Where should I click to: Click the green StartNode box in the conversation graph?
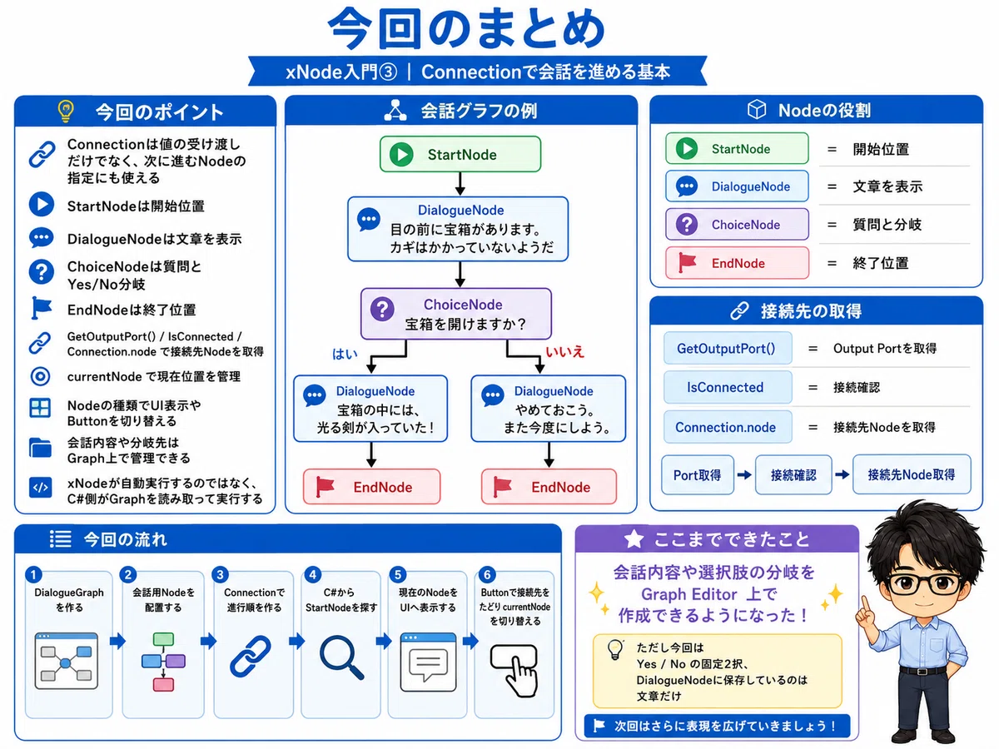point(460,154)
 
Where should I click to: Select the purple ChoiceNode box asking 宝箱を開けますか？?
point(456,314)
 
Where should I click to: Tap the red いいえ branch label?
point(564,351)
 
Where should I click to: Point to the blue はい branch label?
point(345,355)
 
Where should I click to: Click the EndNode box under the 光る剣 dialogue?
point(372,487)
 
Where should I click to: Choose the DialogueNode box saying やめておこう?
point(549,409)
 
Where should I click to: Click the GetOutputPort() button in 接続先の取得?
point(728,349)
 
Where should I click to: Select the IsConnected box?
point(728,388)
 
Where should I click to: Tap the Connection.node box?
point(728,427)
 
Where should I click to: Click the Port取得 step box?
point(698,474)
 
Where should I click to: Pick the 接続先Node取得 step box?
point(912,474)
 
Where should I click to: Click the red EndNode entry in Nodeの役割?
point(737,263)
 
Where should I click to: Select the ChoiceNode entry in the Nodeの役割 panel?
point(737,224)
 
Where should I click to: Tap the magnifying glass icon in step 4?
point(341,657)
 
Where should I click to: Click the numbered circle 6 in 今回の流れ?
point(487,574)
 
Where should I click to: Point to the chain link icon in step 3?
point(251,657)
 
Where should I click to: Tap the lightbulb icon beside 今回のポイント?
point(66,111)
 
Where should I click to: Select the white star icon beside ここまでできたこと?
point(634,539)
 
